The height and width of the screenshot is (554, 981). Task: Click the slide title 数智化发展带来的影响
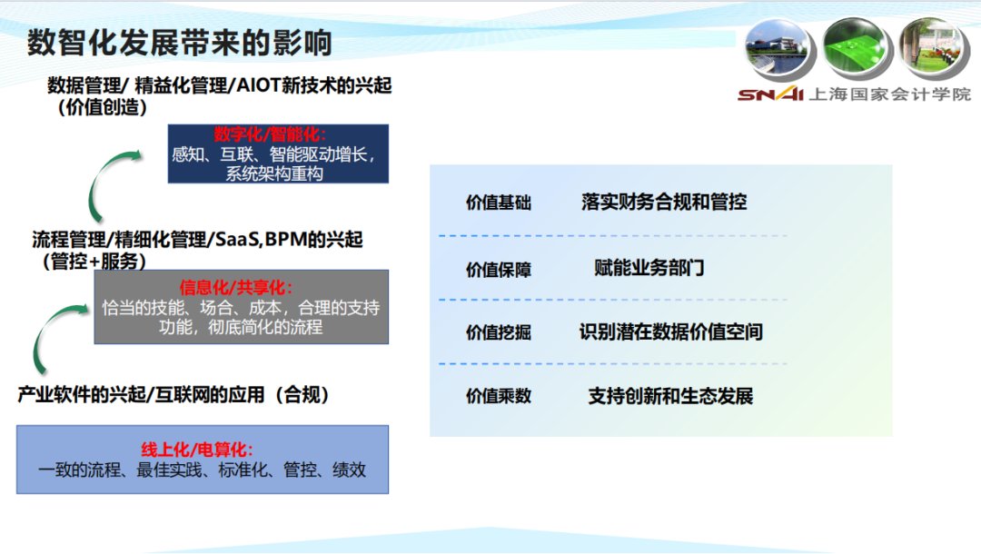[x=180, y=44]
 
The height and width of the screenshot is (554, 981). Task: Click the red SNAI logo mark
[x=771, y=94]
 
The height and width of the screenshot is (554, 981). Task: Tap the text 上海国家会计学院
[x=889, y=94]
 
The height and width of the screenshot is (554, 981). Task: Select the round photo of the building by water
[x=779, y=49]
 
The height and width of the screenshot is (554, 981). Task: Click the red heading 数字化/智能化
[x=270, y=134]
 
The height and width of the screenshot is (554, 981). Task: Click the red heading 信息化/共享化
[x=236, y=287]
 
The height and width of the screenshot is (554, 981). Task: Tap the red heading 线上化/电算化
[x=197, y=449]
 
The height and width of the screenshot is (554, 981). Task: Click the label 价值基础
[x=498, y=203]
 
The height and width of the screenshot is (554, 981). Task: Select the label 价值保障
[x=498, y=270]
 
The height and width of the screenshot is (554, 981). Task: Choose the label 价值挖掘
[x=498, y=332]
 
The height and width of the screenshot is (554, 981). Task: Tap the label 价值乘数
[x=498, y=396]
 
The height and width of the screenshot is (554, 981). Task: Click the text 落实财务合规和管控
[x=664, y=202]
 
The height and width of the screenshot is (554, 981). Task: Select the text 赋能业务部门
[x=649, y=268]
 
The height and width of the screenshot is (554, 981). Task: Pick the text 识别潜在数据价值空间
[x=670, y=332]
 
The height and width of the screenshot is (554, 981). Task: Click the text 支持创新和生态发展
[x=670, y=396]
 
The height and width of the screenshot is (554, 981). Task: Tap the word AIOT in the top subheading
[x=258, y=85]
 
